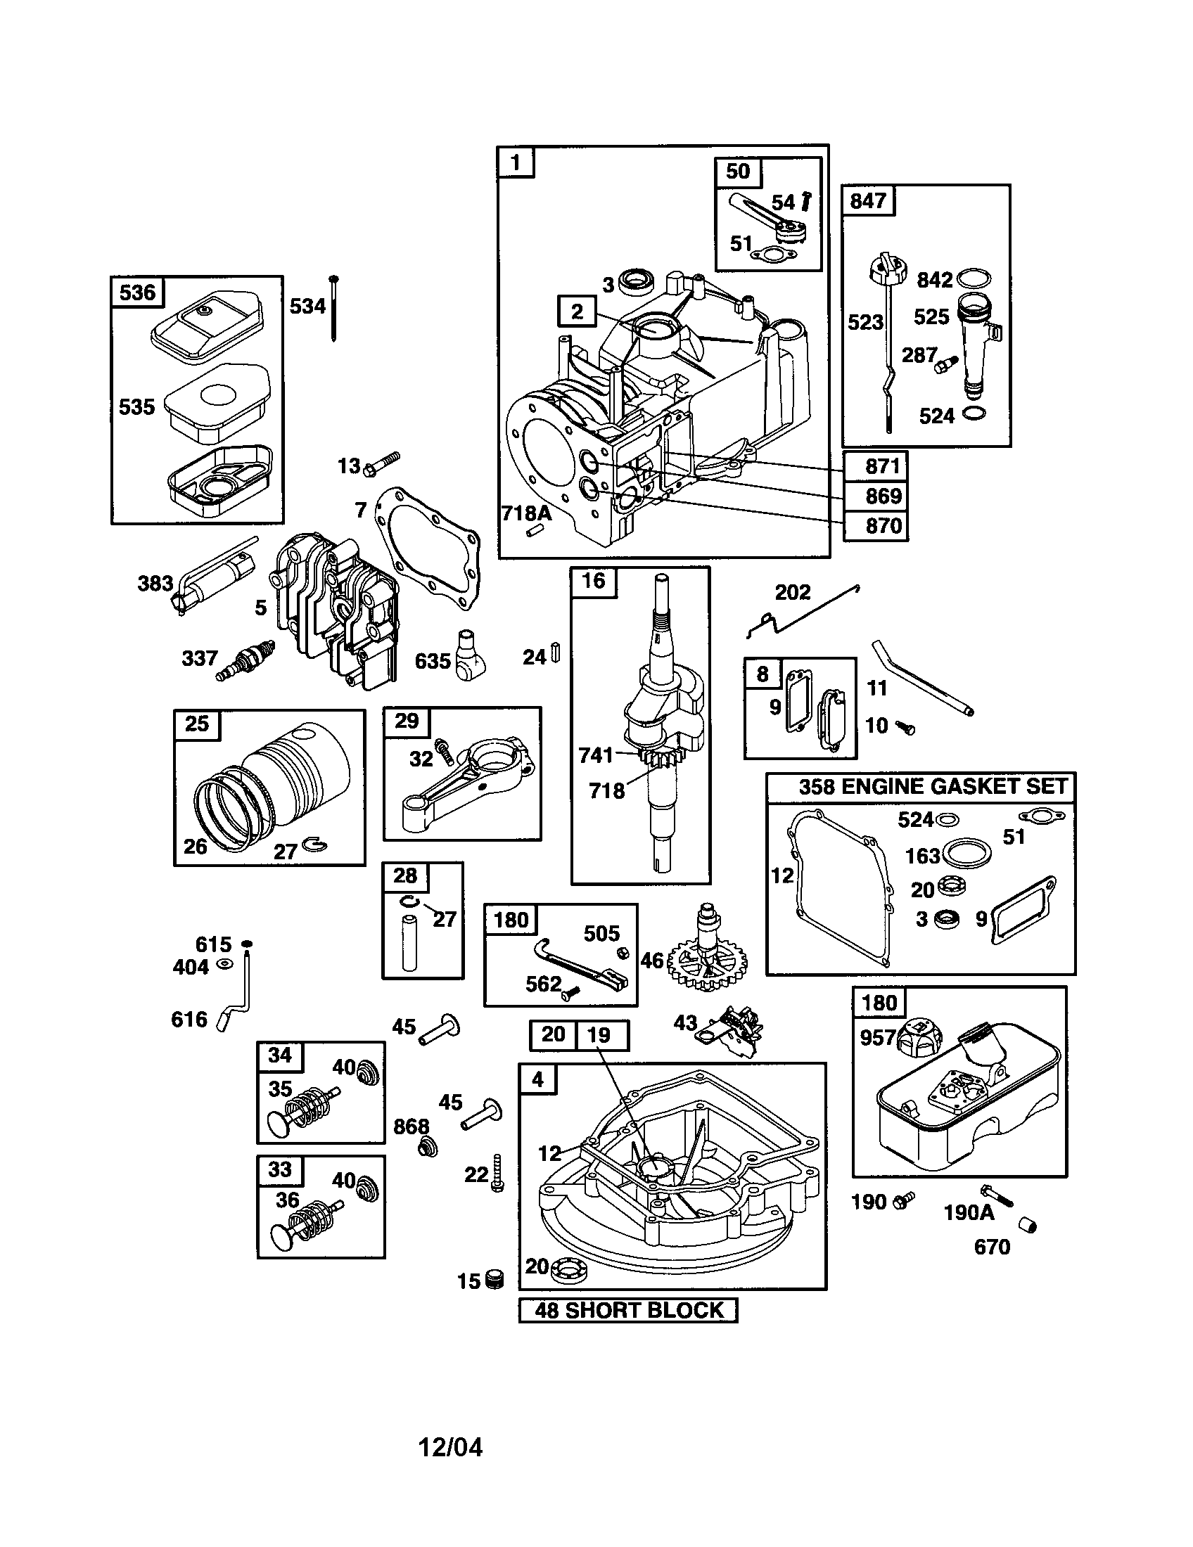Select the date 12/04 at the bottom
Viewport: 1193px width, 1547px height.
451,1447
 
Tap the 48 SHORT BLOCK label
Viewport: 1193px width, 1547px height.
628,1310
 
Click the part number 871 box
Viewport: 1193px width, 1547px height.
876,466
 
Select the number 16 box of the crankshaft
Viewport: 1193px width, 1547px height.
594,581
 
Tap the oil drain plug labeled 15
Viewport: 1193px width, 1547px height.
495,1280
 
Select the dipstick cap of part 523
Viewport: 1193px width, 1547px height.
888,272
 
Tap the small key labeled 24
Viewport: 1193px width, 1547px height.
556,653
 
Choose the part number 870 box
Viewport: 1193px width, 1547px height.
876,525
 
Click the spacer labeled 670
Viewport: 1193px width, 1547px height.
1027,1225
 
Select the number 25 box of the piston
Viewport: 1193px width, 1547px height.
197,724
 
